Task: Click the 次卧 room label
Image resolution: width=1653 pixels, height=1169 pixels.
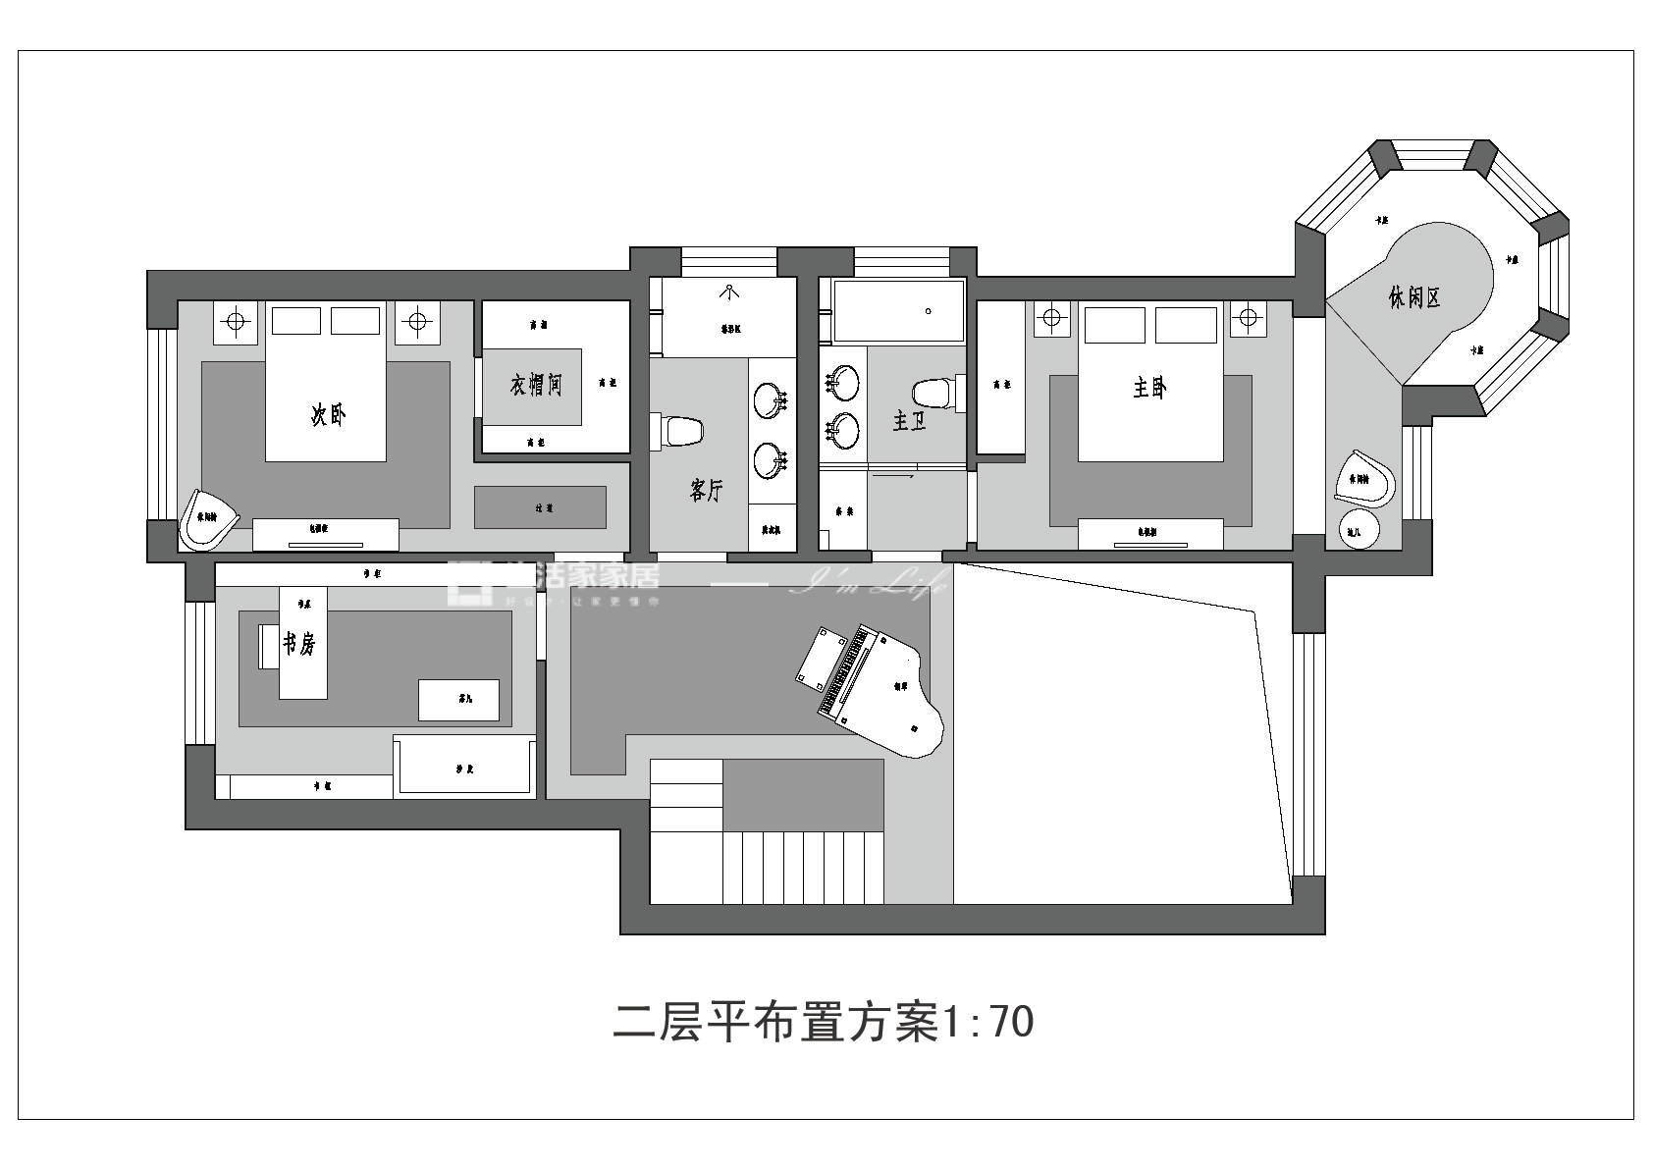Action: pyautogui.click(x=329, y=415)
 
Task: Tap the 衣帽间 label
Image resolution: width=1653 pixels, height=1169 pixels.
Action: pyautogui.click(x=536, y=384)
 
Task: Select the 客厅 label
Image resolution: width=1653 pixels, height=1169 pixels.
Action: pyautogui.click(x=707, y=490)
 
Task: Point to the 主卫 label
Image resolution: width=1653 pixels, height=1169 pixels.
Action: pyautogui.click(x=909, y=421)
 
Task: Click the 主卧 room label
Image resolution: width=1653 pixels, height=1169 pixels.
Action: pyautogui.click(x=1149, y=388)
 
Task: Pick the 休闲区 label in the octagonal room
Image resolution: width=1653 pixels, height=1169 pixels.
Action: pyautogui.click(x=1414, y=296)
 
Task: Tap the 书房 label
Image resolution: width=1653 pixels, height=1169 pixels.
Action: pyautogui.click(x=299, y=644)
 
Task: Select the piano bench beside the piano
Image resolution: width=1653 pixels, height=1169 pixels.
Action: pyautogui.click(x=819, y=658)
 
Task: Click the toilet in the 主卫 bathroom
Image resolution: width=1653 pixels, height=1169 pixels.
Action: pyautogui.click(x=934, y=394)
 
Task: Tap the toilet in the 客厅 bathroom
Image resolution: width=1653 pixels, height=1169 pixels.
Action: pyautogui.click(x=680, y=432)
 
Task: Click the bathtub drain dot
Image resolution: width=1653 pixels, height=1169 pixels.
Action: pyautogui.click(x=929, y=311)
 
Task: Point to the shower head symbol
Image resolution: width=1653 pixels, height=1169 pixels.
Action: pyautogui.click(x=730, y=291)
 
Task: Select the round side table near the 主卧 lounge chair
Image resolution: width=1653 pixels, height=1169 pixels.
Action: pyautogui.click(x=1359, y=530)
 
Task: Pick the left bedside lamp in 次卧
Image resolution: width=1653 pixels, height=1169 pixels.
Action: pyautogui.click(x=235, y=320)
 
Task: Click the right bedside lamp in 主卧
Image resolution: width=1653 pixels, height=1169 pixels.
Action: pyautogui.click(x=1248, y=318)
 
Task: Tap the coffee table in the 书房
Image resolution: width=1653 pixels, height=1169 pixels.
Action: pyautogui.click(x=458, y=700)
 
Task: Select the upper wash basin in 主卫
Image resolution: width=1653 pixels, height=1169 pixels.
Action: pyautogui.click(x=842, y=382)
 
